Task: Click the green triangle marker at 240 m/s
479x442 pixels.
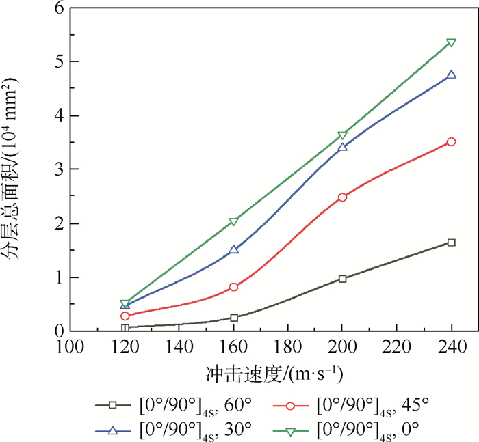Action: pyautogui.click(x=451, y=43)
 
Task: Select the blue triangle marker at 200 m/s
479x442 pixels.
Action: pyautogui.click(x=342, y=147)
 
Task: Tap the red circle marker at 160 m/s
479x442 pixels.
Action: pyautogui.click(x=233, y=287)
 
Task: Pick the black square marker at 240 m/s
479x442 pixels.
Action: pyautogui.click(x=451, y=243)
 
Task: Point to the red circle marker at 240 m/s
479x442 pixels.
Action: pyautogui.click(x=451, y=141)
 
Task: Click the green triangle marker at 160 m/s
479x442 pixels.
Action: pyautogui.click(x=233, y=221)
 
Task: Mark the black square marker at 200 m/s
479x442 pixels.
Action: pyautogui.click(x=342, y=279)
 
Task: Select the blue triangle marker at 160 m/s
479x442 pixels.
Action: pyautogui.click(x=233, y=250)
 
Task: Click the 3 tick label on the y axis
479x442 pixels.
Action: pyautogui.click(x=58, y=169)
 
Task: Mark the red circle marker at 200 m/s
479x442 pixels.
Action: pyautogui.click(x=342, y=197)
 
